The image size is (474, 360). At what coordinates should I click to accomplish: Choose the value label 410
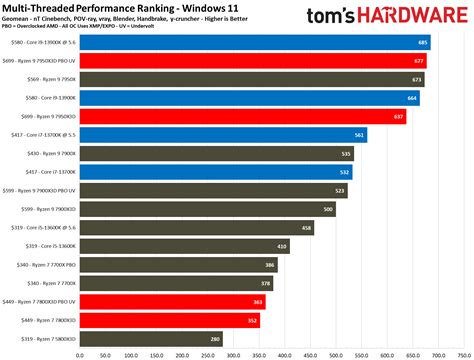[x=282, y=246]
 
